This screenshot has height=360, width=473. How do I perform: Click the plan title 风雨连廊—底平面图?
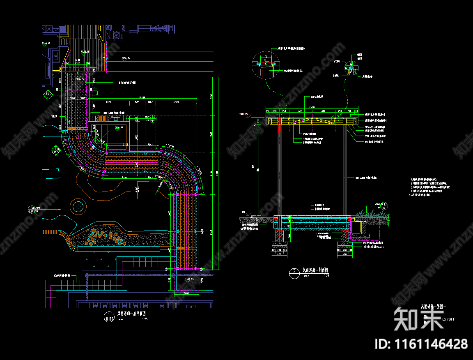coord(132,314)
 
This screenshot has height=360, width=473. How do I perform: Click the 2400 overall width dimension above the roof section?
coord(312,107)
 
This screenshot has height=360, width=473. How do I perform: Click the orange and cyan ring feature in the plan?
coord(78,206)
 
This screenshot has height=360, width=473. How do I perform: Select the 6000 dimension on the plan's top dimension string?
coord(176,102)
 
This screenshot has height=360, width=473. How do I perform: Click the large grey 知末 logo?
coord(419,318)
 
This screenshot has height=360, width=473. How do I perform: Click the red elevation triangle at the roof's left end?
coord(248,116)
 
